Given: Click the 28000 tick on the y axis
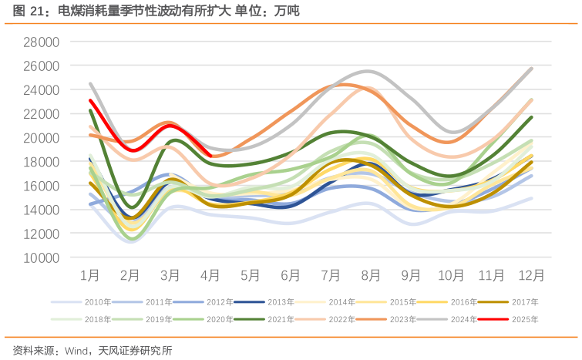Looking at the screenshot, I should point(42,42).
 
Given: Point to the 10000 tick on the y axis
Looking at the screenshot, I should point(42,257).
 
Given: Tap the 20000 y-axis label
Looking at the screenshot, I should point(42,138).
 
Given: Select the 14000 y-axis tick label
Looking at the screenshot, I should point(42,210).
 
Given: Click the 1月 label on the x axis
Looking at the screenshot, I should point(90,275).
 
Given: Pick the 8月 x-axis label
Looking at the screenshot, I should point(371,275).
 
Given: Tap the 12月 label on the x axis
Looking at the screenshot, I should point(531,275).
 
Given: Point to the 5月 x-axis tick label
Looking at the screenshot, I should point(251,275).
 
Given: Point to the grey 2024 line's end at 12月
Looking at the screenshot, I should point(531,69).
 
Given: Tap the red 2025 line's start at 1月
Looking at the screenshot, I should point(90,101).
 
